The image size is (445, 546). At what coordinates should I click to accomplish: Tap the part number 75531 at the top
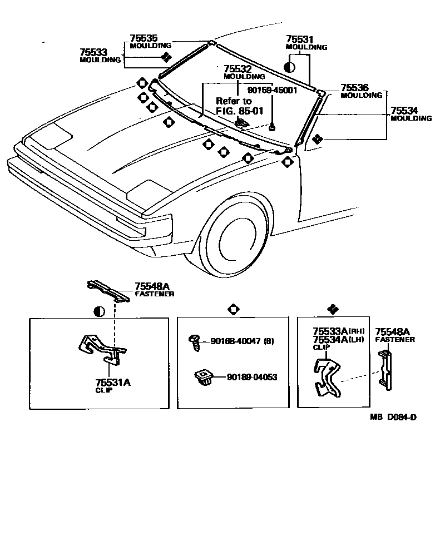click(300, 39)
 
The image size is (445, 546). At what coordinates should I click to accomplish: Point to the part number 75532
click(237, 69)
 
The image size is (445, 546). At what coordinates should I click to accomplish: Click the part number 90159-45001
click(272, 90)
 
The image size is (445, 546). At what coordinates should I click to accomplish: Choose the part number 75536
click(354, 88)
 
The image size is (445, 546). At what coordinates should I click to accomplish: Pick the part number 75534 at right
click(404, 111)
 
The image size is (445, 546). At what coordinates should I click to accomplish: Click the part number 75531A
click(113, 383)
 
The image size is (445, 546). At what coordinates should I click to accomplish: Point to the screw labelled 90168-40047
click(196, 341)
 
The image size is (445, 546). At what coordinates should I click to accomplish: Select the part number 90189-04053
click(251, 378)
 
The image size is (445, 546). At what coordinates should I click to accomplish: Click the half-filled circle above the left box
click(99, 311)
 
